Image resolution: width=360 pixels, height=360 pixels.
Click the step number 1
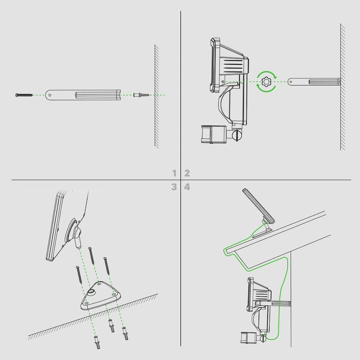point(174,173)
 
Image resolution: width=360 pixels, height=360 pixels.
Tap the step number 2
point(187,173)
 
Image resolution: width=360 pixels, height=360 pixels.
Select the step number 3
point(174,187)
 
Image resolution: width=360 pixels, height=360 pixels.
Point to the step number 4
point(187,187)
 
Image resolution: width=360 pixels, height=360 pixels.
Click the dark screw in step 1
point(24,95)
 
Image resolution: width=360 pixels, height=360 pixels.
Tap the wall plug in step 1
point(141,95)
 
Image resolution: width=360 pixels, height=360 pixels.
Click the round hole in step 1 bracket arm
point(50,95)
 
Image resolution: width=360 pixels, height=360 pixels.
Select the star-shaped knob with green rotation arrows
point(266,82)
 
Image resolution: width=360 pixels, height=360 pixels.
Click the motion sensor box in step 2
point(213,134)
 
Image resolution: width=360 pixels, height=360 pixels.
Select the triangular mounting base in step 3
point(100,296)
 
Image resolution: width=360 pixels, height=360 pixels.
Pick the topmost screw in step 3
point(91,255)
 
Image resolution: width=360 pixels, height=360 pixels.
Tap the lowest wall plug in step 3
point(97,342)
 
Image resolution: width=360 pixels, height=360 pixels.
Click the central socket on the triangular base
point(91,292)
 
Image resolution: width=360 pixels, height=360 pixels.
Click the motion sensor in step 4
point(247,338)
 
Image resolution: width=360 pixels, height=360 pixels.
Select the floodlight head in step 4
point(259,295)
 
